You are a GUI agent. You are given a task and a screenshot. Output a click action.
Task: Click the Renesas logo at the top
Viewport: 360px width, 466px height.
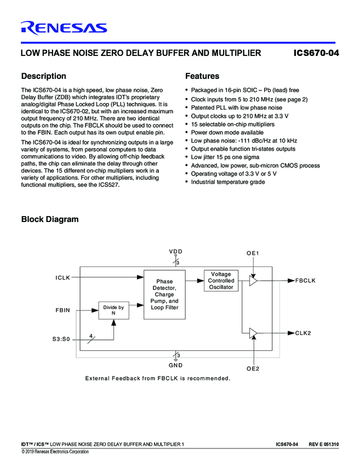point(64,28)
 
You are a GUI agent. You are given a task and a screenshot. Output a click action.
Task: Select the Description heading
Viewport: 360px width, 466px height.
point(43,76)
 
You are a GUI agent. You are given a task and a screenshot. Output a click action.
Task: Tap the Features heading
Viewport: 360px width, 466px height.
point(202,76)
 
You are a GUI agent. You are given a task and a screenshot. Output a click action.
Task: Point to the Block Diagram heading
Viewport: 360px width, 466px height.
point(49,219)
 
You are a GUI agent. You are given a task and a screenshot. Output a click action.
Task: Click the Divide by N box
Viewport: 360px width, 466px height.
point(113,310)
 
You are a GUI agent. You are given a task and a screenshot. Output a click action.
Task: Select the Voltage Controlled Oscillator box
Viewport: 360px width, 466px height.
point(221,280)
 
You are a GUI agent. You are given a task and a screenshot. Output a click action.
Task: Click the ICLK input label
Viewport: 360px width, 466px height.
point(63,277)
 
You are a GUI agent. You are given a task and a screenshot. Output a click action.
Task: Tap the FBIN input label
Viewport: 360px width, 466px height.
point(63,310)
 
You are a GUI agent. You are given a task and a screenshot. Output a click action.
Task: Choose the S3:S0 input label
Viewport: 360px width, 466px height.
point(58,339)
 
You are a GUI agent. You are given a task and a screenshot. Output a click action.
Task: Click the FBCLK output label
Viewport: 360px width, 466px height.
point(305,281)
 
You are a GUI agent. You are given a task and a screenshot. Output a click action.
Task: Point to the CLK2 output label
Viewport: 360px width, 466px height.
point(303,333)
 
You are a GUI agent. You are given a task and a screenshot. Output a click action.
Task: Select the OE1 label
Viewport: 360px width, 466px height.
point(253,253)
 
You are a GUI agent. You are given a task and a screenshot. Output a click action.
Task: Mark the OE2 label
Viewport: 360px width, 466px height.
point(253,368)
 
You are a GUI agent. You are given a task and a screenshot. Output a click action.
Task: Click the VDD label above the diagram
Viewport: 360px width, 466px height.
point(175,251)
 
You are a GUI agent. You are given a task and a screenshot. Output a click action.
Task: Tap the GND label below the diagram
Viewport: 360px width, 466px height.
point(175,365)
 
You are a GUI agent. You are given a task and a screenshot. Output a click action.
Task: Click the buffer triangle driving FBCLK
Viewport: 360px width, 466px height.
point(253,281)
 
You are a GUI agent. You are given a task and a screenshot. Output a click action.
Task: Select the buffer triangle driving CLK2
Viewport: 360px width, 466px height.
point(253,333)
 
